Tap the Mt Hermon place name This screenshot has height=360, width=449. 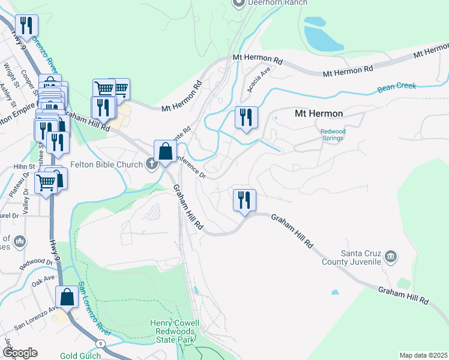(x=318, y=113)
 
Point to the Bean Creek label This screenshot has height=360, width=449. (x=397, y=87)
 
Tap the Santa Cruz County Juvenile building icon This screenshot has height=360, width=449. (x=391, y=257)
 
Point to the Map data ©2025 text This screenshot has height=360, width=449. (x=423, y=355)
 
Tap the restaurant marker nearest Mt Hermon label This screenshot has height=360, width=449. (x=246, y=117)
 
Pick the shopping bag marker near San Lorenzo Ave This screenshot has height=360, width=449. (x=67, y=297)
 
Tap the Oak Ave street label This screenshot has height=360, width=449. (x=43, y=279)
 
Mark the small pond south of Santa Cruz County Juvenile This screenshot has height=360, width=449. (x=334, y=293)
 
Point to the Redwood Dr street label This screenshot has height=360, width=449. (x=36, y=262)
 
